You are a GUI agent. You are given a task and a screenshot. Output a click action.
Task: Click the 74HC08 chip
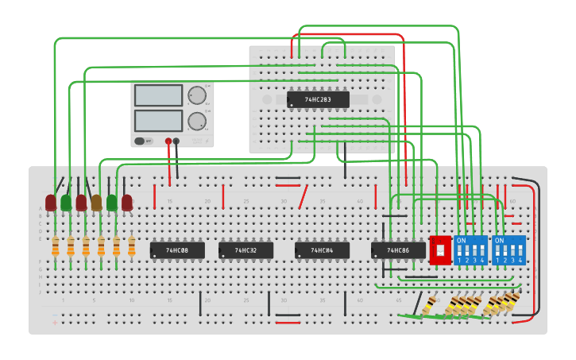tap(177, 250)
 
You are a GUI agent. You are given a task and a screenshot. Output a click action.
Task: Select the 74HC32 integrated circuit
tap(245, 250)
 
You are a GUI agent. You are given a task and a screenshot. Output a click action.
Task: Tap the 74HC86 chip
tap(398, 250)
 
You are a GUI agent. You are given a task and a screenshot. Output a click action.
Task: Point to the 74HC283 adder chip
tap(318, 99)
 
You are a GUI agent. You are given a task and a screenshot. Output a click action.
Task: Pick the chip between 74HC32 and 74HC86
tap(322, 250)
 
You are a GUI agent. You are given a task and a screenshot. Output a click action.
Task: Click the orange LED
tap(96, 203)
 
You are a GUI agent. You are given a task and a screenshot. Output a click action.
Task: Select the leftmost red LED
tap(51, 203)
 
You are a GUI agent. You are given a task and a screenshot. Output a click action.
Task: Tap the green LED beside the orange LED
tap(111, 203)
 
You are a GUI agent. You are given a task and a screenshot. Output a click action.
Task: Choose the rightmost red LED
tap(127, 203)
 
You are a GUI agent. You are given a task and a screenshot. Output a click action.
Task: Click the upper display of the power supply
tap(159, 95)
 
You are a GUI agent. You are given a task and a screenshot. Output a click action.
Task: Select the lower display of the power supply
tap(159, 121)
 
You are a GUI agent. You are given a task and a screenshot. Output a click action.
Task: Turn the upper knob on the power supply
tap(195, 95)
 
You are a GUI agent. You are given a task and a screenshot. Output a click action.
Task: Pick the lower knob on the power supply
tap(195, 121)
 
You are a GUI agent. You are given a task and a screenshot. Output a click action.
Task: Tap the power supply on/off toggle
tap(141, 141)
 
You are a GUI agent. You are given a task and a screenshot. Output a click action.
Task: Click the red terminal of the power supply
tap(168, 141)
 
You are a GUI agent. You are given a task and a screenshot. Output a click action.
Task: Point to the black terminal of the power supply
tap(176, 141)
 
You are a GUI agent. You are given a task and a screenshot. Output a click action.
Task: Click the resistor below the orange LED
tap(101, 247)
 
